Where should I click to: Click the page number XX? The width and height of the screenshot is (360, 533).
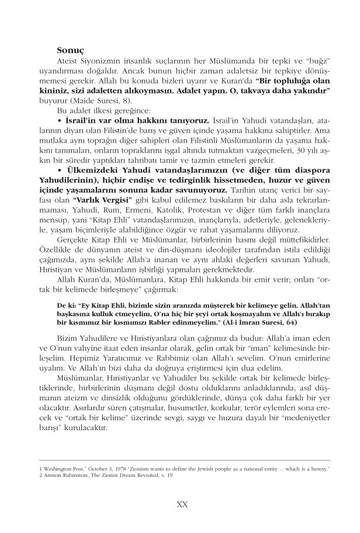pos(181,503)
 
